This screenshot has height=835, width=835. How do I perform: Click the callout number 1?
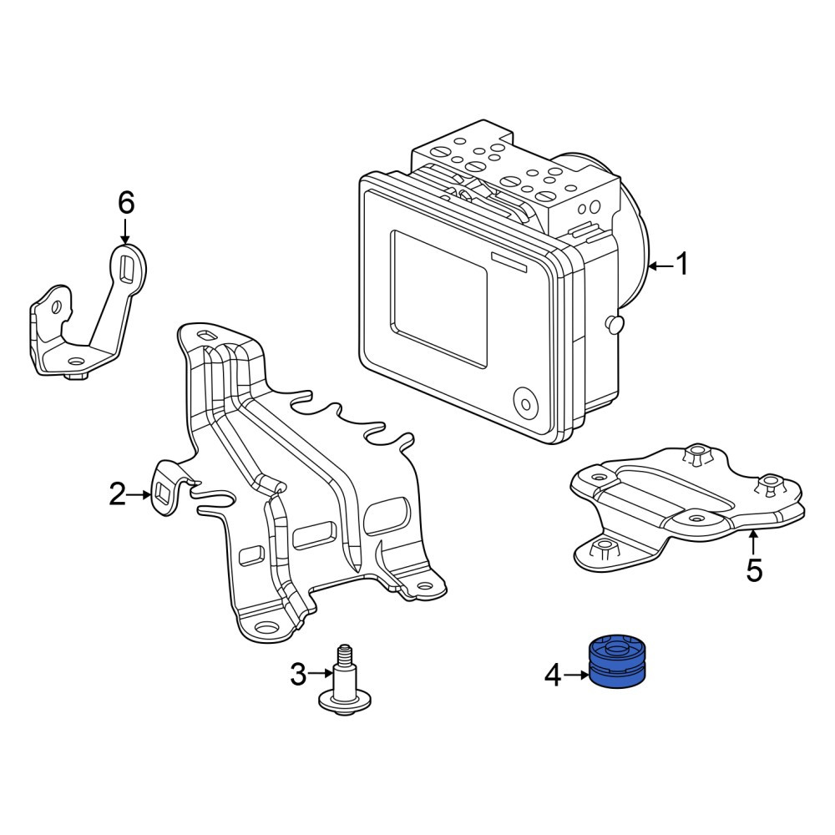coord(681,265)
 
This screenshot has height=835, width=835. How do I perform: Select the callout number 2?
coord(118,494)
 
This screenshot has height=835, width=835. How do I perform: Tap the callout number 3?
coord(298,674)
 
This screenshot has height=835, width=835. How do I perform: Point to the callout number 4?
coord(553,676)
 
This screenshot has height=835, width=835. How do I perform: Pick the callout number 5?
coord(754,569)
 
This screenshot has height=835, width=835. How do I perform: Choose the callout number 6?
coord(126,203)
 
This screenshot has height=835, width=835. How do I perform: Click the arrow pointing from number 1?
coord(660,266)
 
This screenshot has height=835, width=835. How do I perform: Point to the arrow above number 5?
coord(753,542)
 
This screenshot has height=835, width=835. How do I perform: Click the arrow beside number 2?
coord(140,494)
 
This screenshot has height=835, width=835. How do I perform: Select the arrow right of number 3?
coord(321,674)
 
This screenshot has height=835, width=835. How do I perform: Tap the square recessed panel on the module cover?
coord(440,298)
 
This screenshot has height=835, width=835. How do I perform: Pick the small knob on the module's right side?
coord(614,324)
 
